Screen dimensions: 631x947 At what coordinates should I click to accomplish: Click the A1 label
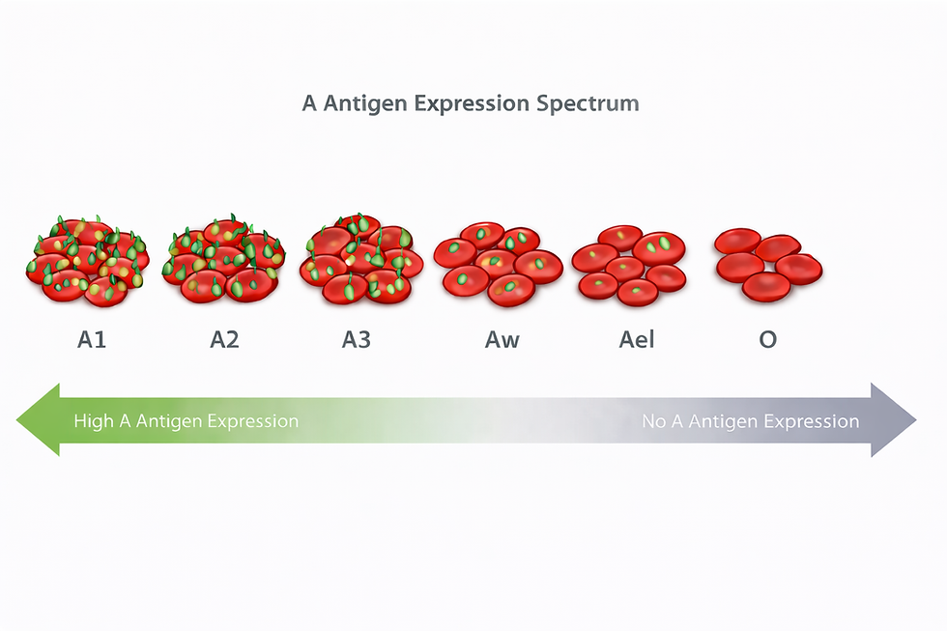click(91, 340)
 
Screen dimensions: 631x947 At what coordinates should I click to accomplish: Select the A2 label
click(224, 340)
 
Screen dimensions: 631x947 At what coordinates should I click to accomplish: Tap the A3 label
click(356, 340)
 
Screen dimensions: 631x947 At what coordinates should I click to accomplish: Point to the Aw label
click(502, 340)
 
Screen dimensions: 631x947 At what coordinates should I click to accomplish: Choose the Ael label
click(637, 340)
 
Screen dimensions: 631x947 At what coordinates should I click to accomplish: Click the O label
click(767, 340)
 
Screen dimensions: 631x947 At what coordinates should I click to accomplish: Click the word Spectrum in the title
click(589, 103)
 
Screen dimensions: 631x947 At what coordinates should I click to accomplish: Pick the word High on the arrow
click(93, 421)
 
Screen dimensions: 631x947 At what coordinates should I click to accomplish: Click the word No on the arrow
click(655, 421)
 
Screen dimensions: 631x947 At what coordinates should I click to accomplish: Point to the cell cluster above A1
click(88, 260)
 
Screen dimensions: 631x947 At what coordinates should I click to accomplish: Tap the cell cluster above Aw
click(498, 262)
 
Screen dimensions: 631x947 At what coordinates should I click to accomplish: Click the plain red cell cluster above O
click(768, 264)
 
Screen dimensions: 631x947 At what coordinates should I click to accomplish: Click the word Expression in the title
click(472, 103)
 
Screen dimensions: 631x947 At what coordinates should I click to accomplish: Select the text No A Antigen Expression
click(751, 421)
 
